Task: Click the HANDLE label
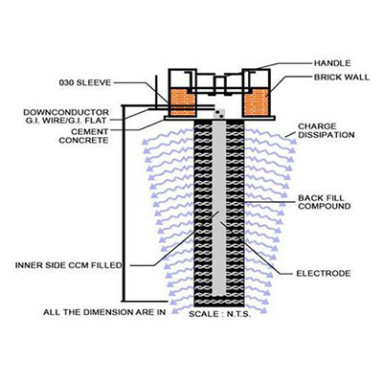(332, 63)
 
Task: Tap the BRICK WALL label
(342, 78)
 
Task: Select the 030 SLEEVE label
(85, 82)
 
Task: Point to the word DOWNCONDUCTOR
(66, 112)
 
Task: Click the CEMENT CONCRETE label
(83, 136)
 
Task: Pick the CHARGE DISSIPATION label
(327, 130)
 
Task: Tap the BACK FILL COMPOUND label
(325, 202)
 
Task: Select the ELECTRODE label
(324, 274)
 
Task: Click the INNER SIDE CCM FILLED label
(69, 265)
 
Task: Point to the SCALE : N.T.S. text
(219, 314)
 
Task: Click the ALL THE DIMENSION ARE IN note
(104, 312)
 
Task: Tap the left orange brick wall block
(182, 102)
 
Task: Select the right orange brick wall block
(257, 102)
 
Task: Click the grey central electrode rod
(219, 208)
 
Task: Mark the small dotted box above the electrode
(219, 114)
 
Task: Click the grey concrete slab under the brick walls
(219, 118)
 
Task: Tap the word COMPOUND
(325, 206)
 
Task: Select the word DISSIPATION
(327, 135)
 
